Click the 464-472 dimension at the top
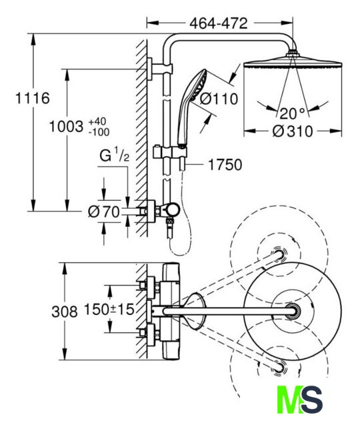(219, 23)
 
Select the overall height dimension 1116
(33, 98)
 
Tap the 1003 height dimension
(66, 127)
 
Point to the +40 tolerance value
(97, 121)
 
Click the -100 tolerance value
(99, 132)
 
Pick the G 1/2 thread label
(114, 155)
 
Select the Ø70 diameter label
(104, 211)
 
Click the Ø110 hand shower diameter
(219, 99)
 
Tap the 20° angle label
(292, 113)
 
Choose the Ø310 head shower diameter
(293, 131)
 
